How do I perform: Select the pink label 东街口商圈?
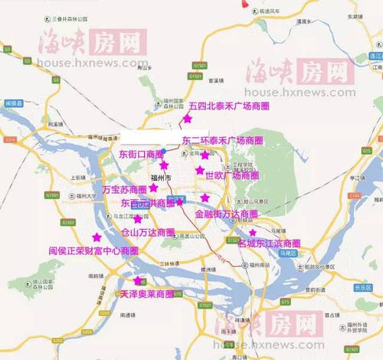point(142,154)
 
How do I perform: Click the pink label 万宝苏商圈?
point(124,188)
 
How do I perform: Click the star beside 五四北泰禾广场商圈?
point(186,119)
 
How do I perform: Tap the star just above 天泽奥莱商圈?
point(138,281)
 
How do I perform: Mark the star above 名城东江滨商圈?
point(253,232)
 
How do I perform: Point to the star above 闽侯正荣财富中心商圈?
point(96,237)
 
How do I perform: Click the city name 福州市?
point(164,178)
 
